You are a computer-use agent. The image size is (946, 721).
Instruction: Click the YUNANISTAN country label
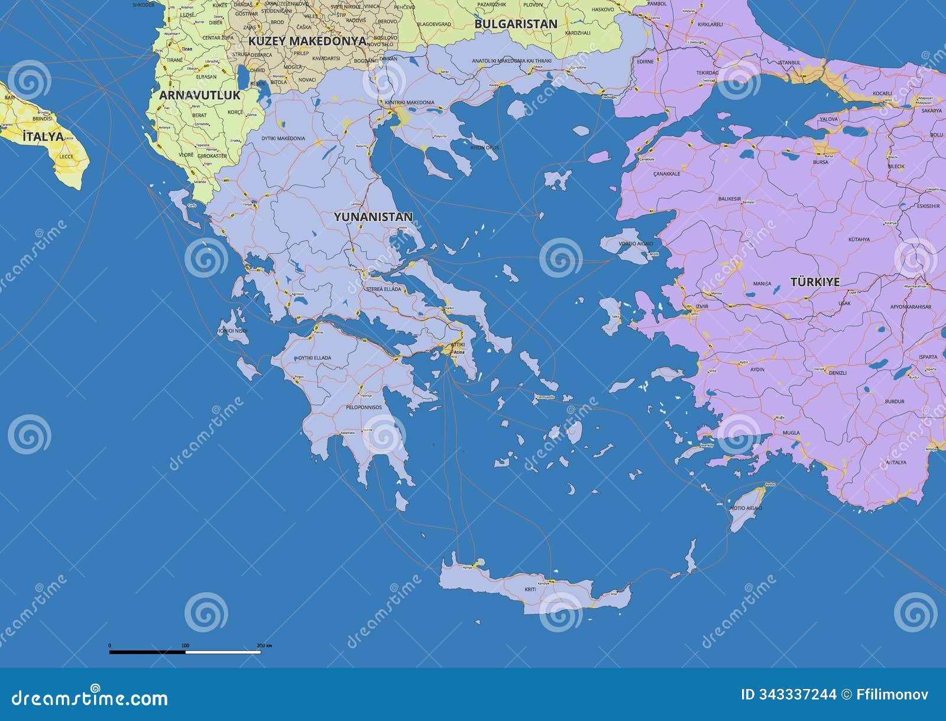click(x=373, y=217)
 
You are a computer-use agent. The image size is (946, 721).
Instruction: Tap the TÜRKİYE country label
click(x=815, y=282)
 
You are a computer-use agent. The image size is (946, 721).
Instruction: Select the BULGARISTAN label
click(x=516, y=24)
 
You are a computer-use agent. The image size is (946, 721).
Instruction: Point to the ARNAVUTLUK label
click(x=199, y=95)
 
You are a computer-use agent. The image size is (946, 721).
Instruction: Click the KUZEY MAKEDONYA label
click(x=307, y=41)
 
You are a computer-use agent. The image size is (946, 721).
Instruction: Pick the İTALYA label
click(x=43, y=137)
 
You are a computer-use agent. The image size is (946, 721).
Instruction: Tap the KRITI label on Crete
click(x=530, y=590)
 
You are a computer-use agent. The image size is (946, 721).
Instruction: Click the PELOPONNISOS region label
click(x=364, y=407)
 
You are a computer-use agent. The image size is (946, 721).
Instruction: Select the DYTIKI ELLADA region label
click(x=315, y=358)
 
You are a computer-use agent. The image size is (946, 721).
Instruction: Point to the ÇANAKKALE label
click(x=666, y=174)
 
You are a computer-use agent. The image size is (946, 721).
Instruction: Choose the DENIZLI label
click(x=837, y=374)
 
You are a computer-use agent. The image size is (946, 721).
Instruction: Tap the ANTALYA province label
click(x=896, y=462)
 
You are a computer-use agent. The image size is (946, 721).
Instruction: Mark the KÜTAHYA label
click(x=858, y=239)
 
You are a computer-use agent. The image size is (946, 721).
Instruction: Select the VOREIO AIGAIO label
click(x=636, y=243)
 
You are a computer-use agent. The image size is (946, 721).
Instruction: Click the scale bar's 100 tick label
click(x=185, y=645)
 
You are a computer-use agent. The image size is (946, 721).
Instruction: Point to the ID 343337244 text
click(x=788, y=694)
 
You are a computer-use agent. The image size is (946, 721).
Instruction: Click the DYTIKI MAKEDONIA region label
click(x=283, y=138)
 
